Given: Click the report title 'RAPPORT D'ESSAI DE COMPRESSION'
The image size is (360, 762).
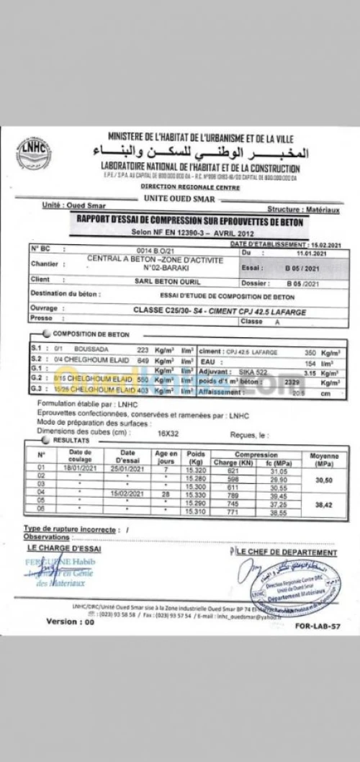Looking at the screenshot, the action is (189, 223).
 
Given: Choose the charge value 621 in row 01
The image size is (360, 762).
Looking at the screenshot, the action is (232, 470).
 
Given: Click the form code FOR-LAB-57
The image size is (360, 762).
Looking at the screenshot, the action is (318, 626).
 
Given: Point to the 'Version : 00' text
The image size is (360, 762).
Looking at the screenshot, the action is (70, 622).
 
